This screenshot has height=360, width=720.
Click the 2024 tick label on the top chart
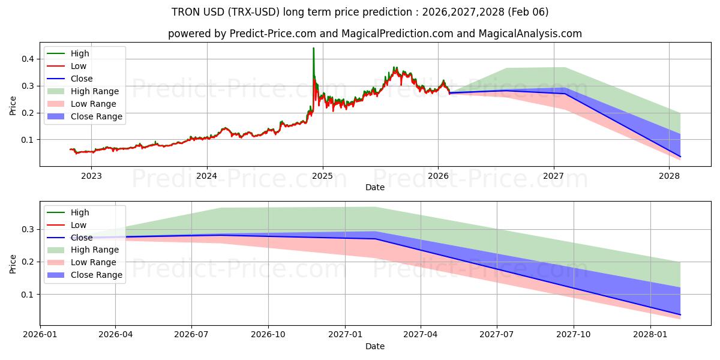tap(207, 176)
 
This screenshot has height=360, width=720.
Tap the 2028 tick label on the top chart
tap(669, 176)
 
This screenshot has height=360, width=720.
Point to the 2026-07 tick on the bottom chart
tap(192, 335)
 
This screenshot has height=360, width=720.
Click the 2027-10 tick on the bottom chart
tap(574, 335)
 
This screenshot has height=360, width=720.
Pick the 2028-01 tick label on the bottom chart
tap(650, 335)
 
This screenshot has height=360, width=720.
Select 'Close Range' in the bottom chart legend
tap(96, 275)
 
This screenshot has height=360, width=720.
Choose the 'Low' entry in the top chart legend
tap(79, 66)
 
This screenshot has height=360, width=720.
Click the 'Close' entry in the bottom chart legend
tap(82, 238)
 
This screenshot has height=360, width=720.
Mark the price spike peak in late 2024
tap(313, 48)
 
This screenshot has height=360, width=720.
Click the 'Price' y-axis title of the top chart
tap(13, 105)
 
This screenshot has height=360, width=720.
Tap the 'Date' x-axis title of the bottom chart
tap(375, 346)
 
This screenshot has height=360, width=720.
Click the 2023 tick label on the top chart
tap(91, 176)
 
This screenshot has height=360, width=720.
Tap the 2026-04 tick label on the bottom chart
tap(116, 335)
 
